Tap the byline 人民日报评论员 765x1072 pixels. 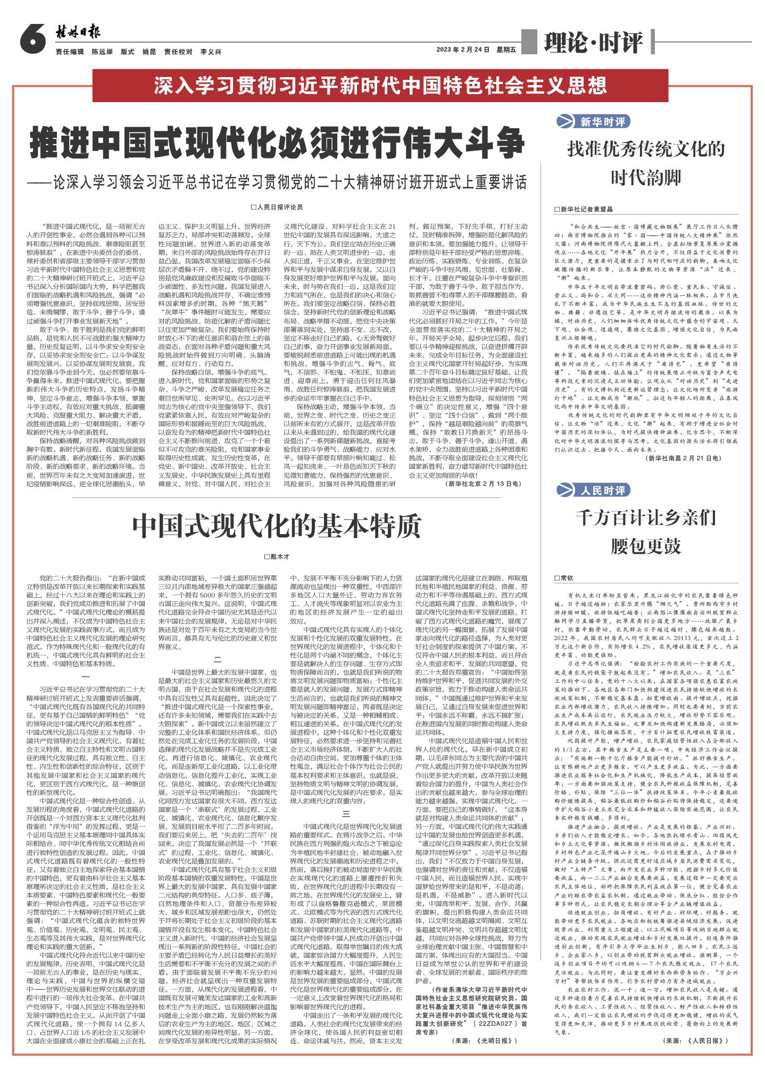pyautogui.click(x=277, y=206)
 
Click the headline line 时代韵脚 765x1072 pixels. pyautogui.click(x=646, y=178)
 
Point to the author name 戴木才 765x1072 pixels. pyautogui.click(x=276, y=556)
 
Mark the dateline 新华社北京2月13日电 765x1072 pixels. pyautogui.click(x=484, y=484)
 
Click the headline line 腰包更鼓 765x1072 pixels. pyautogui.click(x=646, y=546)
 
